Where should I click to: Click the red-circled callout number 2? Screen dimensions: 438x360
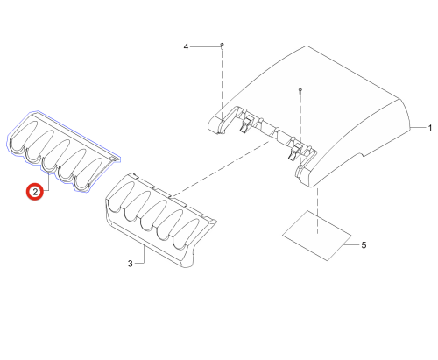(x=35, y=192)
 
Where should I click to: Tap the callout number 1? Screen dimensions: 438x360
(x=429, y=128)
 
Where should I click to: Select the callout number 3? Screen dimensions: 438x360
(x=131, y=264)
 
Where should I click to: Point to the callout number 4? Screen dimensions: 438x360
(x=186, y=46)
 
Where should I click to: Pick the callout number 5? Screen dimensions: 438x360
(x=364, y=245)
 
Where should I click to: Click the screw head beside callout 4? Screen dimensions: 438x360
(x=222, y=46)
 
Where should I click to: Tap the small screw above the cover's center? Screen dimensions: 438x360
(x=300, y=90)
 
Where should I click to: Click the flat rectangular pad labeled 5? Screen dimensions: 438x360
(x=317, y=236)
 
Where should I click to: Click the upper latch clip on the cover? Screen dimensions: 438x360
(x=246, y=124)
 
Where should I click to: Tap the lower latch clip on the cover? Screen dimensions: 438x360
(x=294, y=152)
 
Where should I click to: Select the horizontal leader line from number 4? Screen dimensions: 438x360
(x=205, y=46)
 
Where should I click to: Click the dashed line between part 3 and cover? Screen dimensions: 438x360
(x=221, y=168)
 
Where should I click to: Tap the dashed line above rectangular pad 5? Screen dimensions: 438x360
(x=317, y=211)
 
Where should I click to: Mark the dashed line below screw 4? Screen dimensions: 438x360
(x=222, y=84)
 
